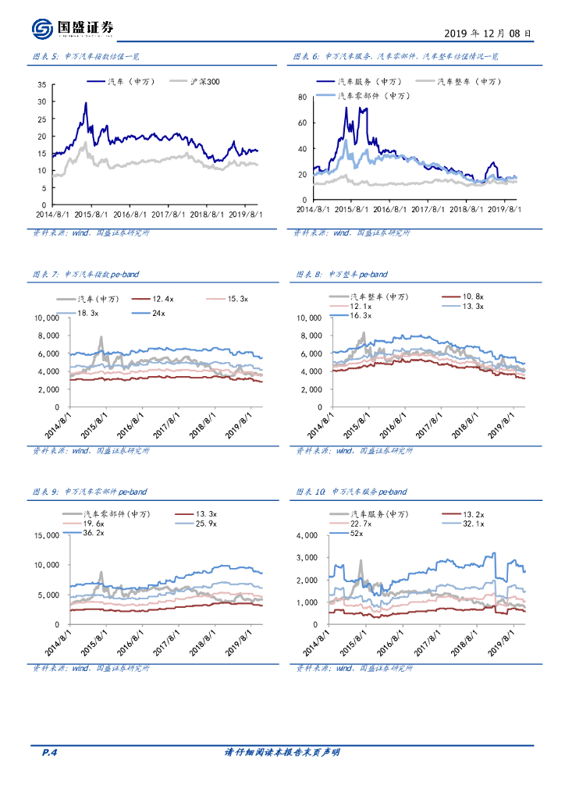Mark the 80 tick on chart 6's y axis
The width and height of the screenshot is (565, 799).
[303, 97]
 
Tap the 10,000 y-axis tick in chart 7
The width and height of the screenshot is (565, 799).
[46, 318]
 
